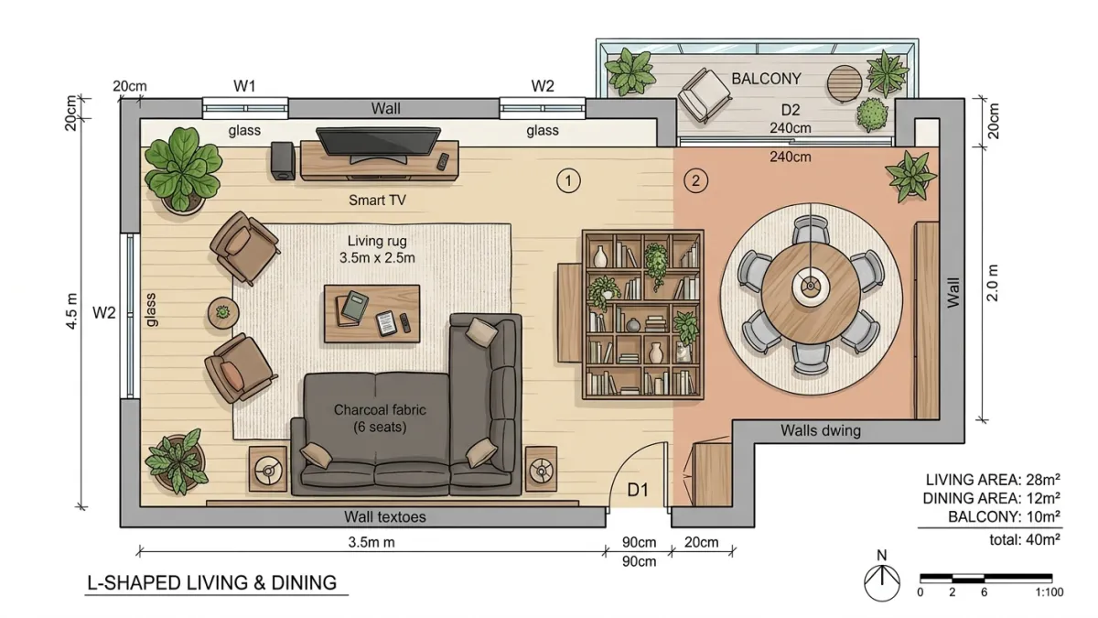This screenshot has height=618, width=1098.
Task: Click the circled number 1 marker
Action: pyautogui.click(x=568, y=181)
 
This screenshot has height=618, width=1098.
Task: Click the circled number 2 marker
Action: pyautogui.click(x=695, y=181)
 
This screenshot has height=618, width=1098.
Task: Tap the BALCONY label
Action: pyautogui.click(x=766, y=79)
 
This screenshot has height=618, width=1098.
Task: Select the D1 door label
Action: pyautogui.click(x=639, y=490)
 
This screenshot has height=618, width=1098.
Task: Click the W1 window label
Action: pyautogui.click(x=244, y=86)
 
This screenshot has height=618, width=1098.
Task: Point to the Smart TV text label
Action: pyautogui.click(x=377, y=201)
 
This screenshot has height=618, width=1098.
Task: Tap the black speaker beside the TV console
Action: pyautogui.click(x=284, y=161)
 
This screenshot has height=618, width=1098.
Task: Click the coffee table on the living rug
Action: pyautogui.click(x=372, y=313)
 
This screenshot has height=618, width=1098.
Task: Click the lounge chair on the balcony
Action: pyautogui.click(x=705, y=95)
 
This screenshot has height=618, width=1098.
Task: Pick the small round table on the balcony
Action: pyautogui.click(x=844, y=83)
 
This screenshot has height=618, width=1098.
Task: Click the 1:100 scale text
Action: pyautogui.click(x=1049, y=592)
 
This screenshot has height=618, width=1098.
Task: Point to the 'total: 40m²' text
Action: pyautogui.click(x=1025, y=539)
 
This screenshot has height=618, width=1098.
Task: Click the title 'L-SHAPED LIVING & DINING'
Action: pyautogui.click(x=211, y=582)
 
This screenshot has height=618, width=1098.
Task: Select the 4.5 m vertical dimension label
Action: pyautogui.click(x=71, y=311)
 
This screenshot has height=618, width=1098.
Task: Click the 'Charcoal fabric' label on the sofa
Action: pyautogui.click(x=380, y=409)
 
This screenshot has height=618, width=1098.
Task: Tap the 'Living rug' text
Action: pyautogui.click(x=377, y=241)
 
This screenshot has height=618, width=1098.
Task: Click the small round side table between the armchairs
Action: pyautogui.click(x=223, y=312)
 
